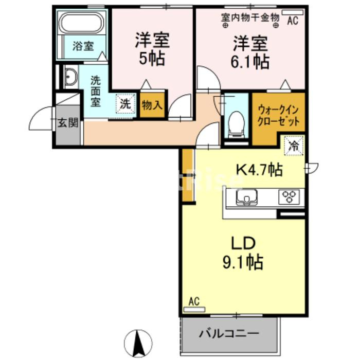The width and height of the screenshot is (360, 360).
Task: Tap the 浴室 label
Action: pos(82,46)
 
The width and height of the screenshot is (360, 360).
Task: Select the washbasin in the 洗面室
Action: pos(70,79)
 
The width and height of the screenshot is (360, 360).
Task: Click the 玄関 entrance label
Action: pos(67,122)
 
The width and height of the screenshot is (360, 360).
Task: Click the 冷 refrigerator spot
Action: pos(294,145)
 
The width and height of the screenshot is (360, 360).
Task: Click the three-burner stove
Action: pos(289,196)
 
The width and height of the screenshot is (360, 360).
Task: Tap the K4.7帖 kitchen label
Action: pos(259,169)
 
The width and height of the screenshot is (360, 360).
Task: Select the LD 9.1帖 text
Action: pos(242,254)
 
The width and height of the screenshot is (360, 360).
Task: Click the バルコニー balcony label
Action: pos(229,333)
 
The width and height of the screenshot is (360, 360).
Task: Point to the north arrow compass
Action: pos(138,342)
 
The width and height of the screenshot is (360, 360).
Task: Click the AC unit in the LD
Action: pos(194,309)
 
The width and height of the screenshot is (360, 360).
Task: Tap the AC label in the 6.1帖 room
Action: pos(293,21)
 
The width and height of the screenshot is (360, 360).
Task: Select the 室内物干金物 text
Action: pos(250,17)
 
